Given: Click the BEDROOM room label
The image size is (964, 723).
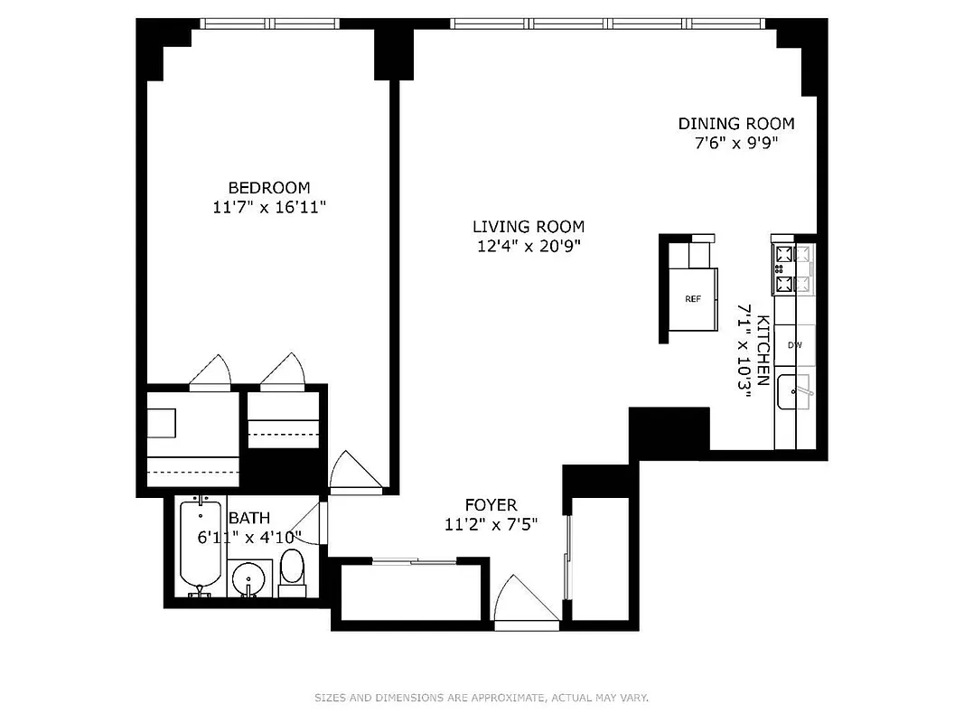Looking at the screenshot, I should click(268, 188).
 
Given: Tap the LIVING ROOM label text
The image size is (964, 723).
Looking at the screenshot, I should click(529, 227).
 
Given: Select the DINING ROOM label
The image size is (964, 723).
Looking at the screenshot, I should click(736, 124).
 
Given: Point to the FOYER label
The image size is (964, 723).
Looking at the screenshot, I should click(491, 505).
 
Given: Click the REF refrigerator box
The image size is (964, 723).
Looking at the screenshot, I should click(693, 299).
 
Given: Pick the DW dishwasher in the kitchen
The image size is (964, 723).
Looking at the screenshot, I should click(795, 345).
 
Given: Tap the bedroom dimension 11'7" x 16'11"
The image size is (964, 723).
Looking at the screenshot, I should click(268, 208).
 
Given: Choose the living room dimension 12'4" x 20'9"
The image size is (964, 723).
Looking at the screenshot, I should click(529, 246).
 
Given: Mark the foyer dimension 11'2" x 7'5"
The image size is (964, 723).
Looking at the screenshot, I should click(491, 524).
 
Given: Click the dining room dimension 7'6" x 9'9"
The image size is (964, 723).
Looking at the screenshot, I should click(736, 143).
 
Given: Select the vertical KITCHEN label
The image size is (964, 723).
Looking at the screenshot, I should click(763, 351).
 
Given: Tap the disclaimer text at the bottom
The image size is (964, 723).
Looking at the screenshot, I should click(482, 698).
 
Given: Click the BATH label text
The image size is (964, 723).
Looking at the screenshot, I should click(248, 519).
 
